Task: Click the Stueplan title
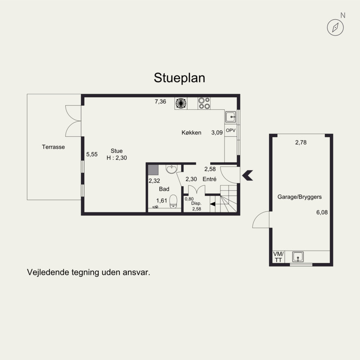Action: click(179, 78)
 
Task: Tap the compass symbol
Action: click(335, 27)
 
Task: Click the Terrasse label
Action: click(53, 147)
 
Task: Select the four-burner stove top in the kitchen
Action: click(204, 103)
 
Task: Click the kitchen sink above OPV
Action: click(230, 117)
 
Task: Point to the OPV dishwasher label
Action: click(230, 130)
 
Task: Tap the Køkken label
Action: click(191, 132)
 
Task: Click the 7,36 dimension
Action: click(160, 102)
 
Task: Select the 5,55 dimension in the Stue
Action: click(92, 154)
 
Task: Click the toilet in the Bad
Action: click(173, 201)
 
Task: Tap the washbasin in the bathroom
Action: click(171, 169)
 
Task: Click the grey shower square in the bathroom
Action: click(153, 170)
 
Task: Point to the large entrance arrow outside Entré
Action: click(247, 175)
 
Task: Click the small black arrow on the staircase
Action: click(212, 204)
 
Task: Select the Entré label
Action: click(209, 179)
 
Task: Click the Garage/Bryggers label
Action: click(299, 197)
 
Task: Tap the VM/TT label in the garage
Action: click(278, 257)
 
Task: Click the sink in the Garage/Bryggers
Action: click(298, 256)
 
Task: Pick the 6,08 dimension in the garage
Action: click(322, 212)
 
